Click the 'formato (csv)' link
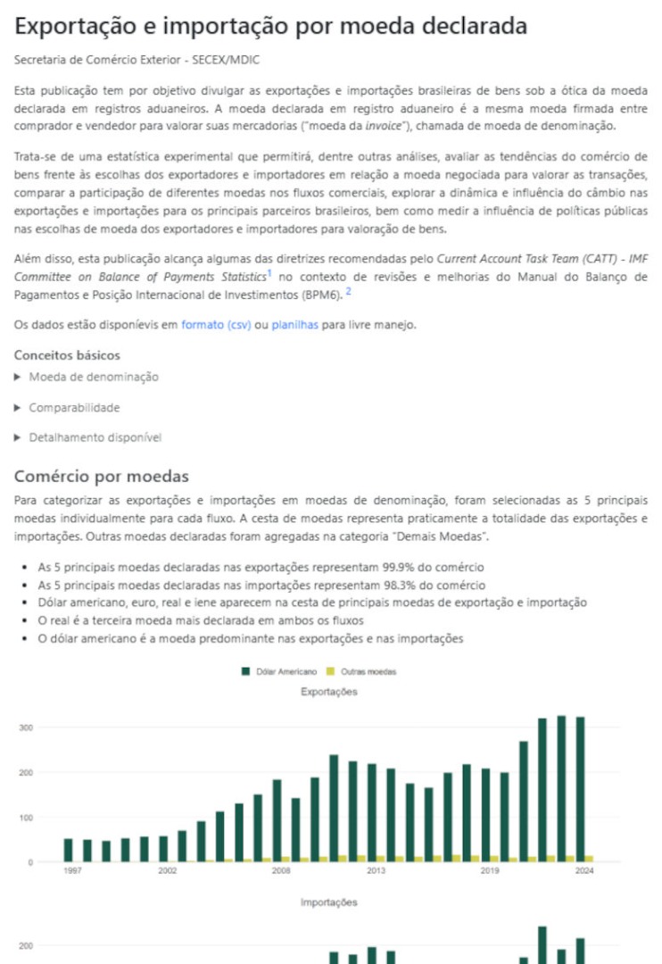coord(216,325)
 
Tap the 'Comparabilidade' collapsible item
coord(74,408)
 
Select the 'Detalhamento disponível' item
coord(95,437)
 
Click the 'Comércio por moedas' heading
coord(102,476)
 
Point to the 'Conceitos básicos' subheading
coord(68,355)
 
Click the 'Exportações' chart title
coord(329,692)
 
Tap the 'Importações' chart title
coord(329,902)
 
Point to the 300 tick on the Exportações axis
coord(27,727)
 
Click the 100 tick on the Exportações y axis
coord(27,818)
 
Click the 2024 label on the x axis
coord(583,869)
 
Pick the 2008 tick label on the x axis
coord(281,869)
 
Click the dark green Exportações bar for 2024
coord(580,789)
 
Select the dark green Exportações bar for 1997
coord(69,850)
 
